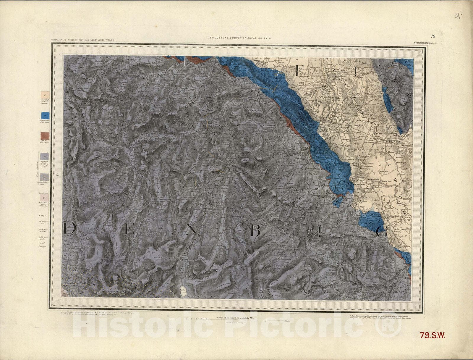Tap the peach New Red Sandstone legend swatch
[x=45, y=94]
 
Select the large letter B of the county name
[x=255, y=230]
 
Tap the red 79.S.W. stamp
[x=432, y=335]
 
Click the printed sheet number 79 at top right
[x=433, y=36]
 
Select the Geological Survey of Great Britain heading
[x=239, y=38]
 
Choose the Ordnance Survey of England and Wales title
[x=82, y=40]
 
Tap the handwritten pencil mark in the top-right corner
[x=458, y=15]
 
